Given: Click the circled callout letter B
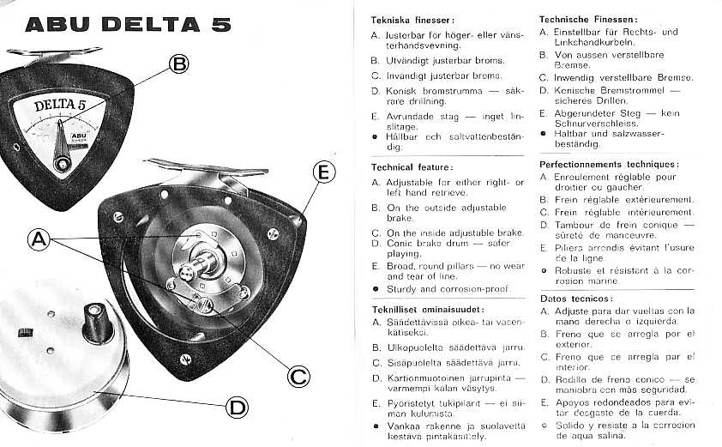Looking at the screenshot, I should coord(178,63).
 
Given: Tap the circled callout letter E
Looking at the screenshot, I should coord(322,172).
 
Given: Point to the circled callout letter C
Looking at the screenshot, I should coord(298,375).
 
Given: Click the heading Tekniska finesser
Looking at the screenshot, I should coord(412,19).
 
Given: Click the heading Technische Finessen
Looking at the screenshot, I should coord(588,18).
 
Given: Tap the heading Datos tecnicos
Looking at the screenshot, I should coord(575,298).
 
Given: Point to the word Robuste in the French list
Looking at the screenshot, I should coord(572,269).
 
